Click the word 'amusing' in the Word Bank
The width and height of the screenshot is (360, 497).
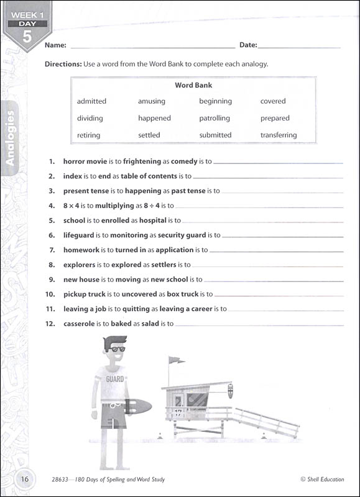(152, 101)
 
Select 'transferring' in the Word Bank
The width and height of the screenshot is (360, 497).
(279, 135)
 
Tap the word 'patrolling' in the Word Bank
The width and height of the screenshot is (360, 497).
(215, 118)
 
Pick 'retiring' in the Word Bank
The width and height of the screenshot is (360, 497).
(88, 135)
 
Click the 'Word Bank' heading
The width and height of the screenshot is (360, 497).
(193, 85)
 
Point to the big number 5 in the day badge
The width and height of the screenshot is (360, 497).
(27, 36)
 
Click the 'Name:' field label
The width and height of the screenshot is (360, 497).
(55, 45)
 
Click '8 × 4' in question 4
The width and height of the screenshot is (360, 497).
(73, 206)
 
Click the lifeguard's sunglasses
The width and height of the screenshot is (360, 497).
(114, 349)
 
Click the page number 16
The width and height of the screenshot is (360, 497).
(25, 478)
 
